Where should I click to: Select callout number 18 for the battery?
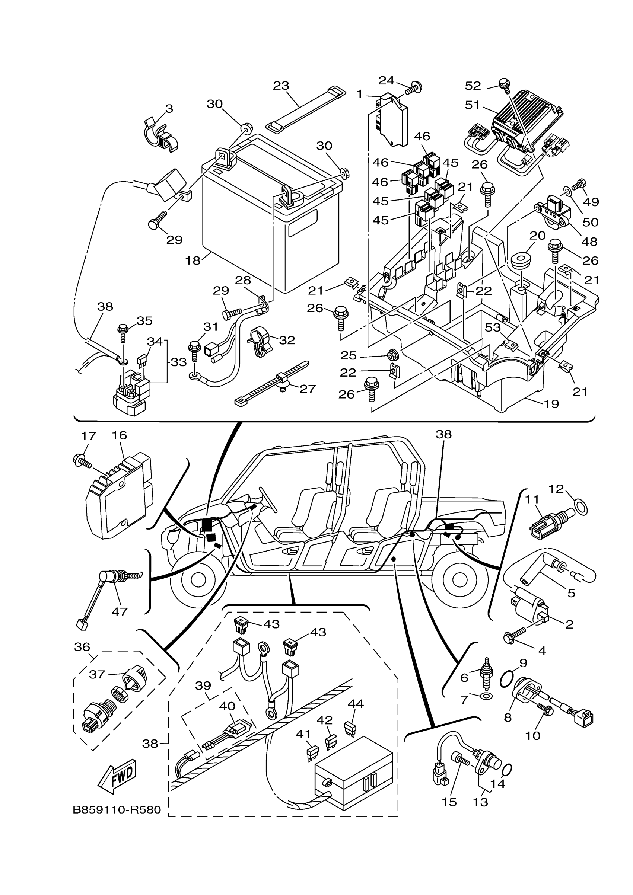[x=193, y=260]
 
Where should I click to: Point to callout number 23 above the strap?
[x=281, y=85]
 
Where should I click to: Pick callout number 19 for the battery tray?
[x=551, y=404]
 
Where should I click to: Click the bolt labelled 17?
[x=82, y=462]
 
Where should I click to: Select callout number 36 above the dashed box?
[x=82, y=647]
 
